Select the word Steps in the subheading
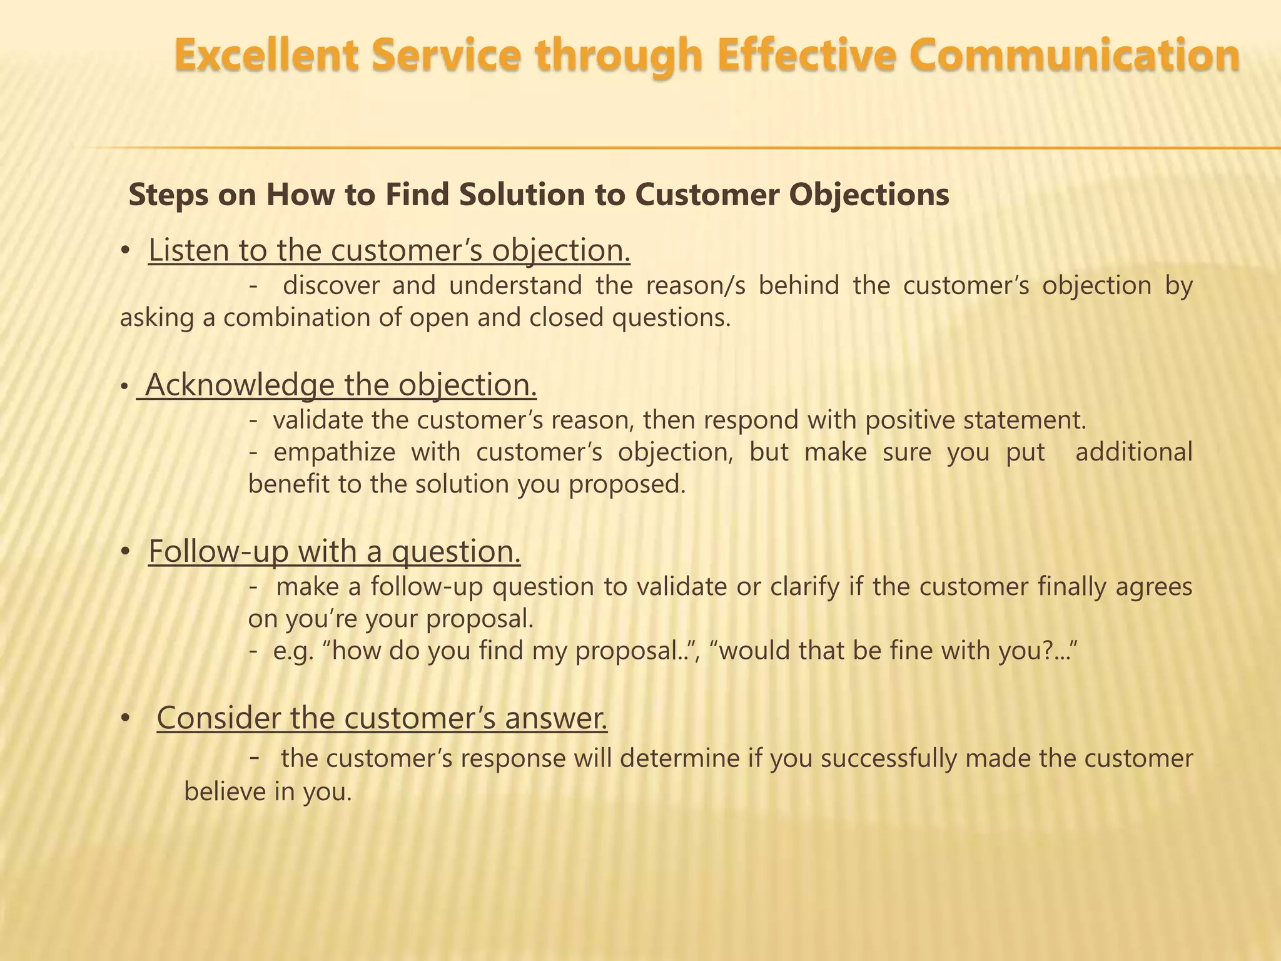170,195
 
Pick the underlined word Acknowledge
240,385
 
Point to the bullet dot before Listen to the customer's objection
125,251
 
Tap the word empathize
334,452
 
